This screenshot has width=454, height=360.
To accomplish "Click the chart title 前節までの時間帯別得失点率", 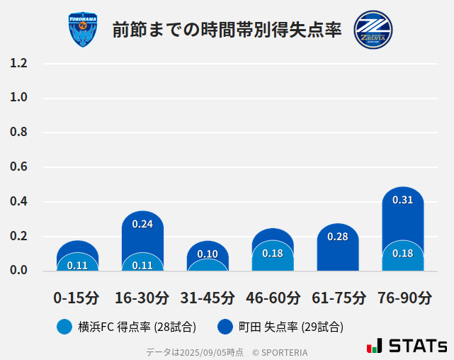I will pyautogui.click(x=227, y=30).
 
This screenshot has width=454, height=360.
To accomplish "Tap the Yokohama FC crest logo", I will pyautogui.click(x=83, y=30).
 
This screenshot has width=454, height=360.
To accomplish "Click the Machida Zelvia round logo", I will pyautogui.click(x=373, y=29).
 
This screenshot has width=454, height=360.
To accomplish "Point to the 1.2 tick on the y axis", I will pyautogui.click(x=18, y=64).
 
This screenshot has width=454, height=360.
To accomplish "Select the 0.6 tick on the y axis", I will pyautogui.click(x=18, y=167).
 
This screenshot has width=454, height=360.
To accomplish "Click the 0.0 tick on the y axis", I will pyautogui.click(x=18, y=271).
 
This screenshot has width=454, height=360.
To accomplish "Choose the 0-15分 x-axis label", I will pyautogui.click(x=76, y=298).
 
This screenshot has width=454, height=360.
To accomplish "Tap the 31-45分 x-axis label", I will pyautogui.click(x=208, y=298).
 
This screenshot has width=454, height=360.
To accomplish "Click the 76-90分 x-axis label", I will pyautogui.click(x=403, y=298).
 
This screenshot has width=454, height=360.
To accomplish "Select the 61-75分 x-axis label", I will pyautogui.click(x=339, y=298).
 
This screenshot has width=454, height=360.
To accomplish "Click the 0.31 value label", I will pyautogui.click(x=402, y=201).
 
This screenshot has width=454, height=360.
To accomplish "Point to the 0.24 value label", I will pyautogui.click(x=142, y=224).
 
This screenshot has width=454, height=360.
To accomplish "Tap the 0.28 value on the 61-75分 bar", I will pyautogui.click(x=338, y=237).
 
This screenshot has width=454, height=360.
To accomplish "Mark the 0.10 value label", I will pyautogui.click(x=208, y=254).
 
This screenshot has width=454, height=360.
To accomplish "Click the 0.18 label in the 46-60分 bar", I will pyautogui.click(x=273, y=253).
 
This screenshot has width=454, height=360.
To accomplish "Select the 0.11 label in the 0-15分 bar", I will pyautogui.click(x=77, y=265).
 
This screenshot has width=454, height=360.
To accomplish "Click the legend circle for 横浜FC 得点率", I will pyautogui.click(x=64, y=327).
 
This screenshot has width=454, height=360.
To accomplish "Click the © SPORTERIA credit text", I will pyautogui.click(x=280, y=352).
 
